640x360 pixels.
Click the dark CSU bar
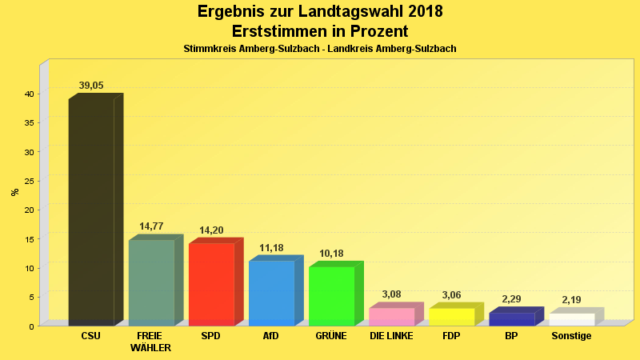pos(91,212)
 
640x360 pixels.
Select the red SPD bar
pos(211,284)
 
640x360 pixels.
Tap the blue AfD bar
pos(271,293)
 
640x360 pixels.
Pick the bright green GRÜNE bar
pos(331,296)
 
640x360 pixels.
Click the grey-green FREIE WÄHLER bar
pos(151,282)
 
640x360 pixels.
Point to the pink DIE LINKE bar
pos(391,317)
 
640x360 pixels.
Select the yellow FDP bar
pos(451,317)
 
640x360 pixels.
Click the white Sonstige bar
pos(571,319)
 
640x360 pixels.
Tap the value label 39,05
pos(91,86)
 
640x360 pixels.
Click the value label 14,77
pos(151,226)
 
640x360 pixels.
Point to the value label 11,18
pos(271,248)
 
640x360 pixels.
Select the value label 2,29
pos(511,299)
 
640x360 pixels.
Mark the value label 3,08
pos(391,294)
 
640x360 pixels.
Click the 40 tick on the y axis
pos(29,94)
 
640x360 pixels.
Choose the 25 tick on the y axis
pos(29,181)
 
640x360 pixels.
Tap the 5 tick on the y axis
pos(31,297)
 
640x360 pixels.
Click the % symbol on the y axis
pos(14,192)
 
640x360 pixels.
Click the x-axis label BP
pos(511,336)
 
